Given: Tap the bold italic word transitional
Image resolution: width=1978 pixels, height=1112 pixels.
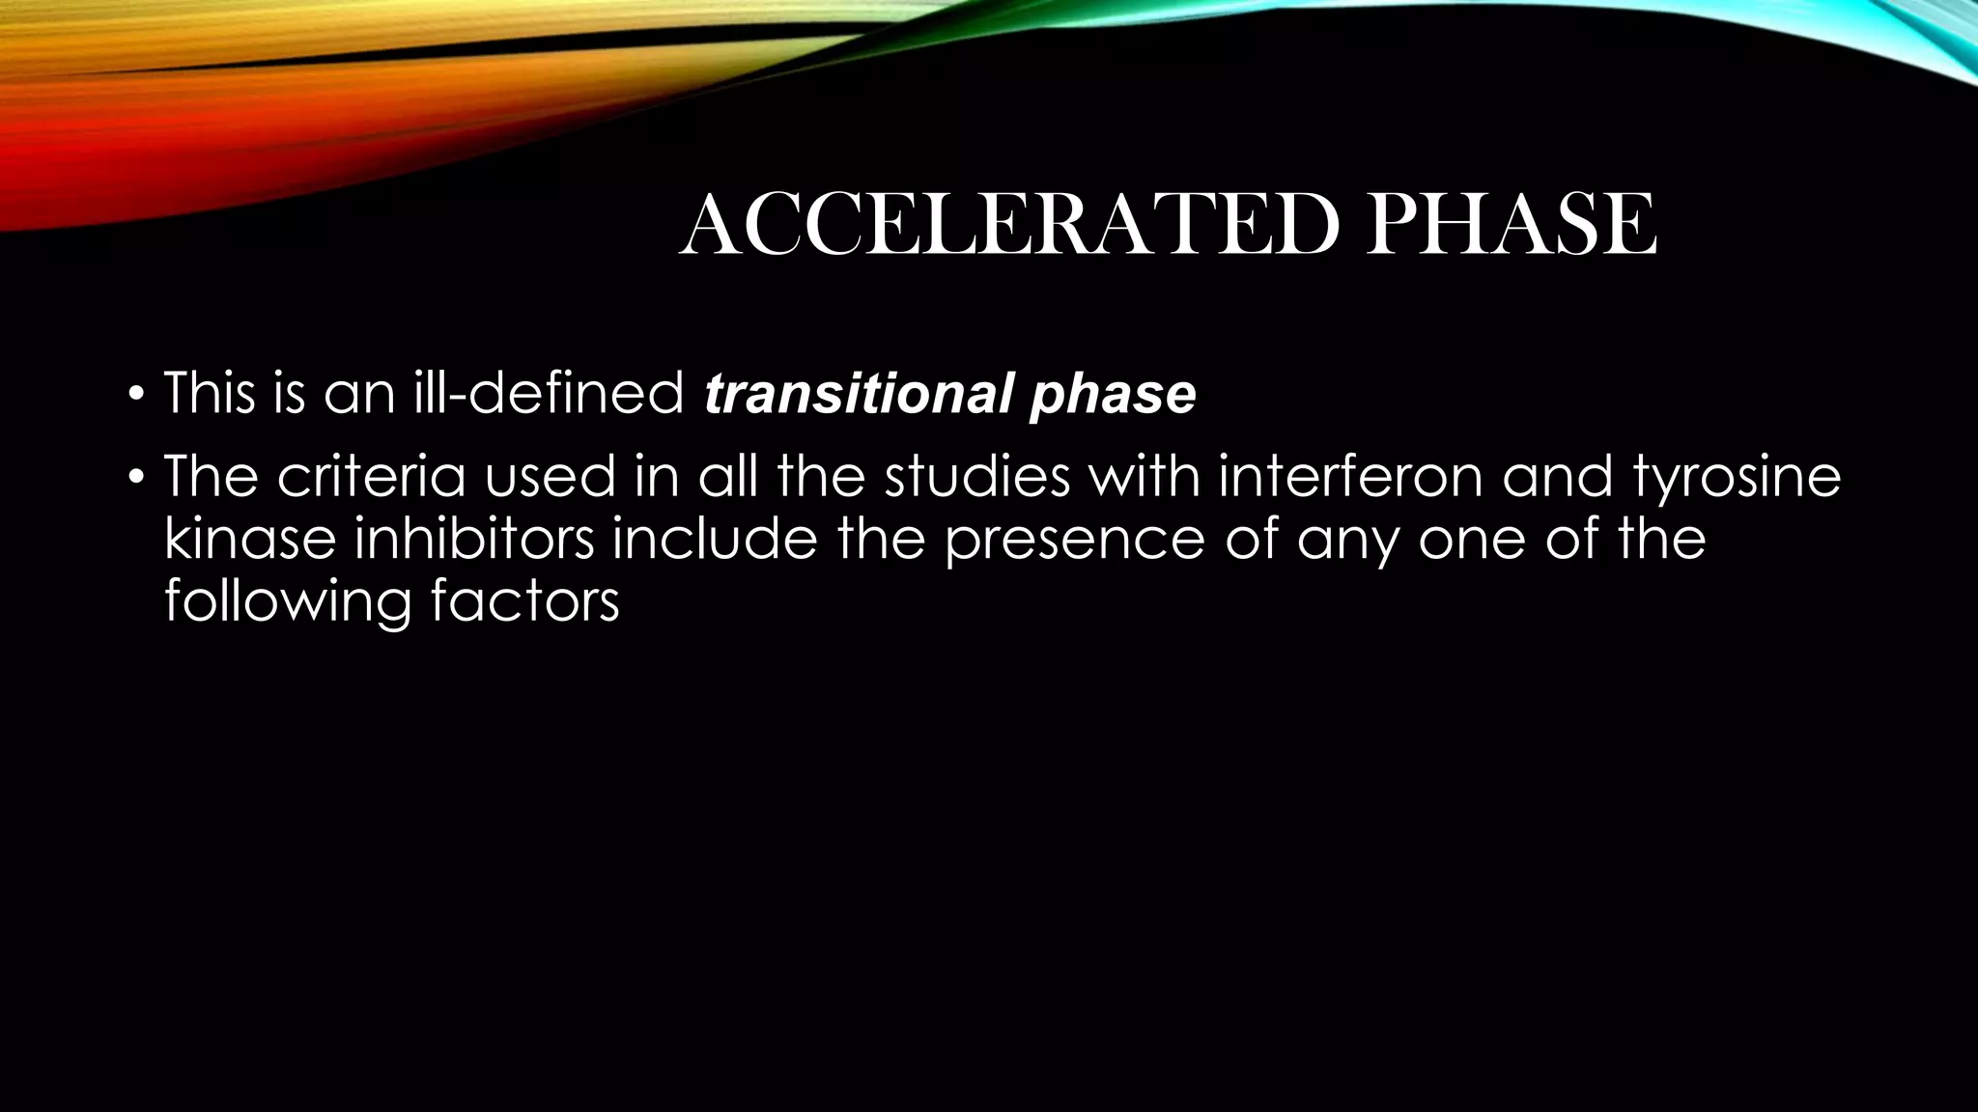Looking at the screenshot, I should point(858,394).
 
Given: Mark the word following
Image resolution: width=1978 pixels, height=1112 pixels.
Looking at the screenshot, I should point(287,601).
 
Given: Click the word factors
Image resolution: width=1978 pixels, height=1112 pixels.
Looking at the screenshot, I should point(524,599).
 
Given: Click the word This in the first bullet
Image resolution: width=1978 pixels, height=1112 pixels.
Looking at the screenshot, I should point(210,394).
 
